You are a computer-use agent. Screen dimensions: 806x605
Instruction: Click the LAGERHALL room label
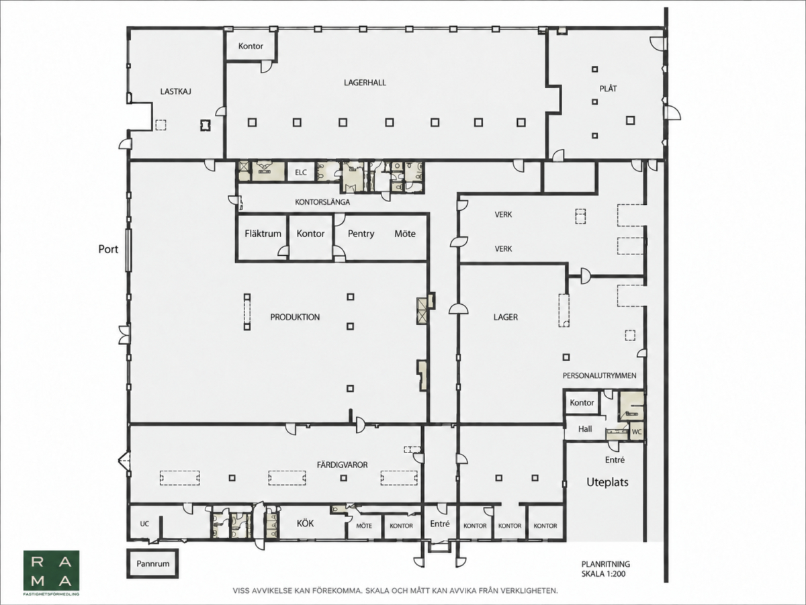(x=365, y=83)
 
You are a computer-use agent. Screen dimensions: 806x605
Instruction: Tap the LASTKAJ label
(x=175, y=91)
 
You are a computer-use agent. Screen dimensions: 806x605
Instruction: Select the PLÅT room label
(x=608, y=89)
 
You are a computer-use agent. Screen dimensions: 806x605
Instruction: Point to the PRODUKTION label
(x=295, y=317)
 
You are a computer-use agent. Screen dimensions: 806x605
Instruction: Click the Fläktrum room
(x=263, y=237)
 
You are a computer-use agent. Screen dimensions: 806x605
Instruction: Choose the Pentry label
(x=361, y=234)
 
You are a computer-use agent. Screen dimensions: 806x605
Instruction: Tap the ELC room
(x=301, y=172)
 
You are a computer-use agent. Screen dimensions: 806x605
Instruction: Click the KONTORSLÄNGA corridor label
(x=322, y=202)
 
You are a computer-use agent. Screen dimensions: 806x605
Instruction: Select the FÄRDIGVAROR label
(x=342, y=465)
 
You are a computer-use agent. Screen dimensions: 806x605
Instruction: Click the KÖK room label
(x=305, y=523)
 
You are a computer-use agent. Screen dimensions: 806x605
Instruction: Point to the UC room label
(x=144, y=524)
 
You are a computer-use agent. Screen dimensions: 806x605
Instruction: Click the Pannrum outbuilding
(x=152, y=563)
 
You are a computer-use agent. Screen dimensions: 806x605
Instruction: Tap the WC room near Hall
(x=637, y=432)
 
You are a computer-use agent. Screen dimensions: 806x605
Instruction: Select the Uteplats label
(x=607, y=482)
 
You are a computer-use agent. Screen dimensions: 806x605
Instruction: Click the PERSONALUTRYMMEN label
(x=599, y=375)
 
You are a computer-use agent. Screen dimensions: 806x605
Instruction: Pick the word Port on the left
(x=108, y=249)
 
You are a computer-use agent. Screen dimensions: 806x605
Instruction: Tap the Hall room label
(x=585, y=429)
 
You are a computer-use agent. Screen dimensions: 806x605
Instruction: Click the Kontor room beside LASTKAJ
(x=251, y=46)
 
